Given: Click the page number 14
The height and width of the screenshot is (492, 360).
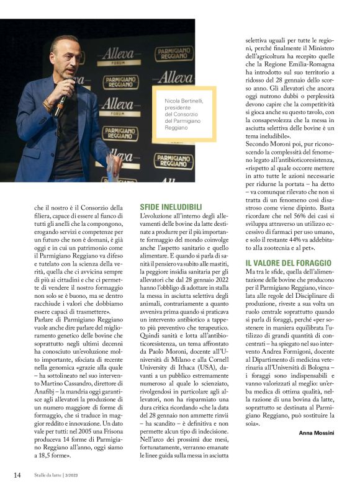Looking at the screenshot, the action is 17,475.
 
